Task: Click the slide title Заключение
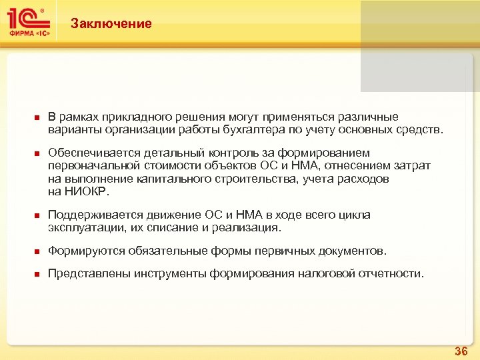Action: click(x=111, y=24)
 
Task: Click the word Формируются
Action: click(x=81, y=251)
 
